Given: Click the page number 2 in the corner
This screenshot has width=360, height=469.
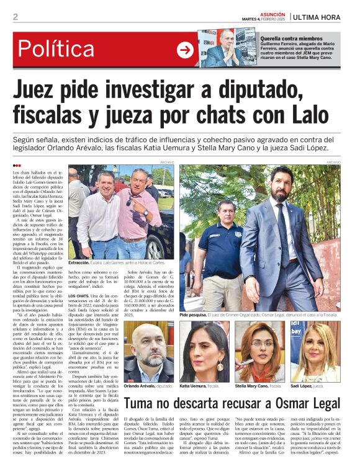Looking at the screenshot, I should coord(15,17).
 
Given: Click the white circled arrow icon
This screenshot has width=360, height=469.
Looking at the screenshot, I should coord(185,50).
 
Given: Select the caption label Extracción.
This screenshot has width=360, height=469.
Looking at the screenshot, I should coord(81,263).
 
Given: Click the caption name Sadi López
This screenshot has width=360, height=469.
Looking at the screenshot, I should coord(302,386).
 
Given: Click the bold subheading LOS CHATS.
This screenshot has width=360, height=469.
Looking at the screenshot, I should coord(78,279).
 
